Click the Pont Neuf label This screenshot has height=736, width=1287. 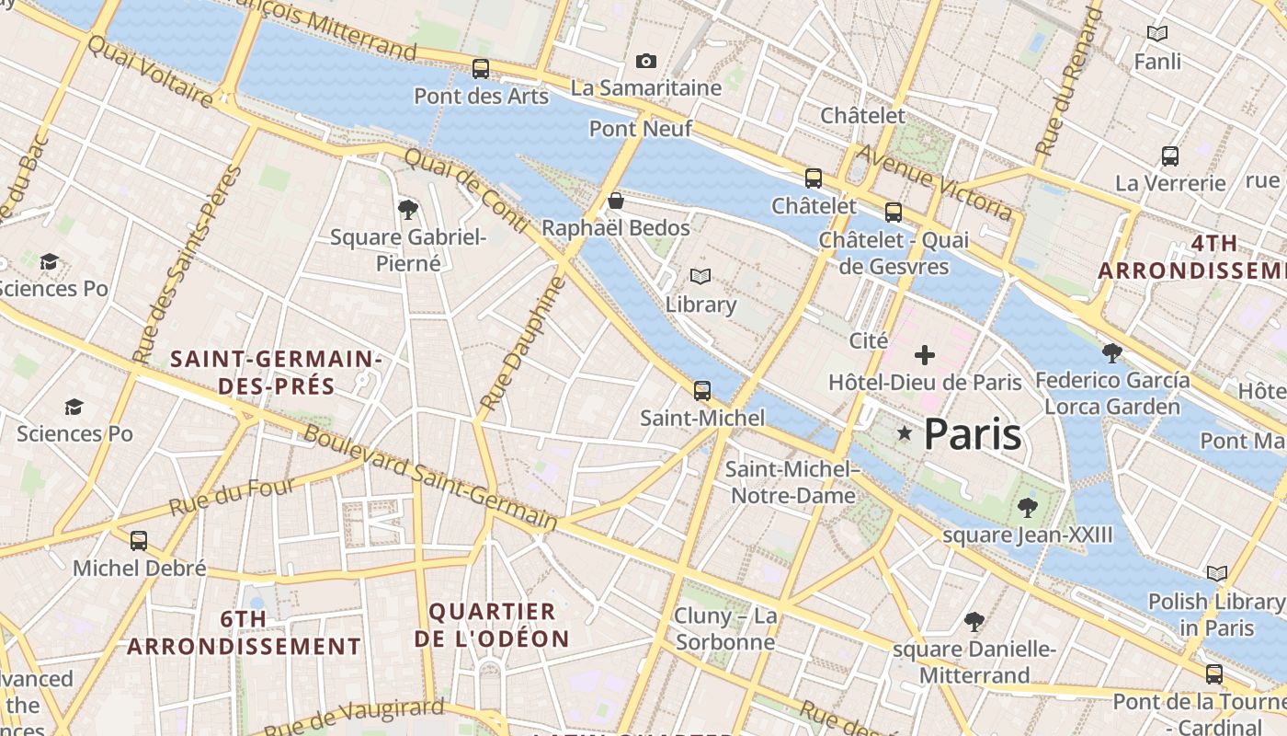640,129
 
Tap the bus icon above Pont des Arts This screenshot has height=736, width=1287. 480,69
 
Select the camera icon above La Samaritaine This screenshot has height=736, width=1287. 646,62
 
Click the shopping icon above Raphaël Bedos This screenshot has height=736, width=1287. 616,201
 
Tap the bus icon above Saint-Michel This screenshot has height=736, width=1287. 702,391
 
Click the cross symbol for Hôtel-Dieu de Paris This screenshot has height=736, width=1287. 925,355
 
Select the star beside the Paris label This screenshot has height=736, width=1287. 905,433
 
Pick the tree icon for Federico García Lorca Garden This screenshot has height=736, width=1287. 1111,352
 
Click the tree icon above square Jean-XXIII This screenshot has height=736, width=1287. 1027,507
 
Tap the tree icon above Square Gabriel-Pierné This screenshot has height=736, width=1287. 408,210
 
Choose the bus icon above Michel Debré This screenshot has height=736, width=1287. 139,541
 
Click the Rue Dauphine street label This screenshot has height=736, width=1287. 520,344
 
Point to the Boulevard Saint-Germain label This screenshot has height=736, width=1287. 429,477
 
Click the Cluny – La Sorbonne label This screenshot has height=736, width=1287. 725,628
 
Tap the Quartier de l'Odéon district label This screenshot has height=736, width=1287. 492,625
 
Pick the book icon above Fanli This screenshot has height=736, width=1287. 1157,34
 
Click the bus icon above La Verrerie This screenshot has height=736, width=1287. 1169,156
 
